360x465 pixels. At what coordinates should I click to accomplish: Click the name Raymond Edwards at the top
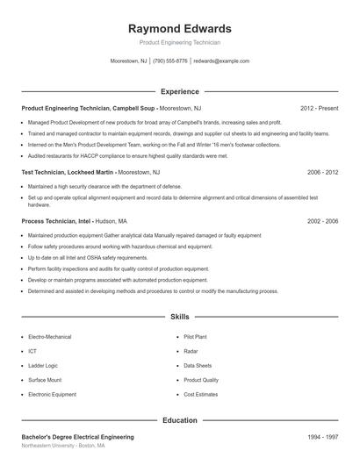pos(179,28)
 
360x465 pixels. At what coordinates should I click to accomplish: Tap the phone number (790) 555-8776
pos(169,61)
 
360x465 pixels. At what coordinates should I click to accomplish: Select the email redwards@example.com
pos(221,61)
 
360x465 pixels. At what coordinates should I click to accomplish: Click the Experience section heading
pos(180,91)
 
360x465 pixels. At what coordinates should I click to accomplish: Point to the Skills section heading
pos(180,316)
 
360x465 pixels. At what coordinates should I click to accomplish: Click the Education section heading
pos(180,420)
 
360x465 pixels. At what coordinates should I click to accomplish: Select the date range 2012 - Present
pos(319,109)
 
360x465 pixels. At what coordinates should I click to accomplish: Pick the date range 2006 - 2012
pos(322,173)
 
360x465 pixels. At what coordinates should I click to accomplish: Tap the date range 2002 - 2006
pos(322,222)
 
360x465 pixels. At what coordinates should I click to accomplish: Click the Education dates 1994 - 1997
pos(322,436)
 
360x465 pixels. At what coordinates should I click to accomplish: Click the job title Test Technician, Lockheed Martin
pos(71,173)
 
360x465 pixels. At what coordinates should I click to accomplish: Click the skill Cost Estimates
pos(201,395)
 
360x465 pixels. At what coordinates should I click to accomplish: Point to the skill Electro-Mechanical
pos(50,337)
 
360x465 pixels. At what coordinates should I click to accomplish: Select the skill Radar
pos(191,351)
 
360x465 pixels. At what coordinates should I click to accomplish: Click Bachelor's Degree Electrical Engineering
pos(77,436)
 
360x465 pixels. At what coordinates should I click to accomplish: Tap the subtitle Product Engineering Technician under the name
pos(179,42)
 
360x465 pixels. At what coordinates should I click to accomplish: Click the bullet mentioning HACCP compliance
pos(127,155)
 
